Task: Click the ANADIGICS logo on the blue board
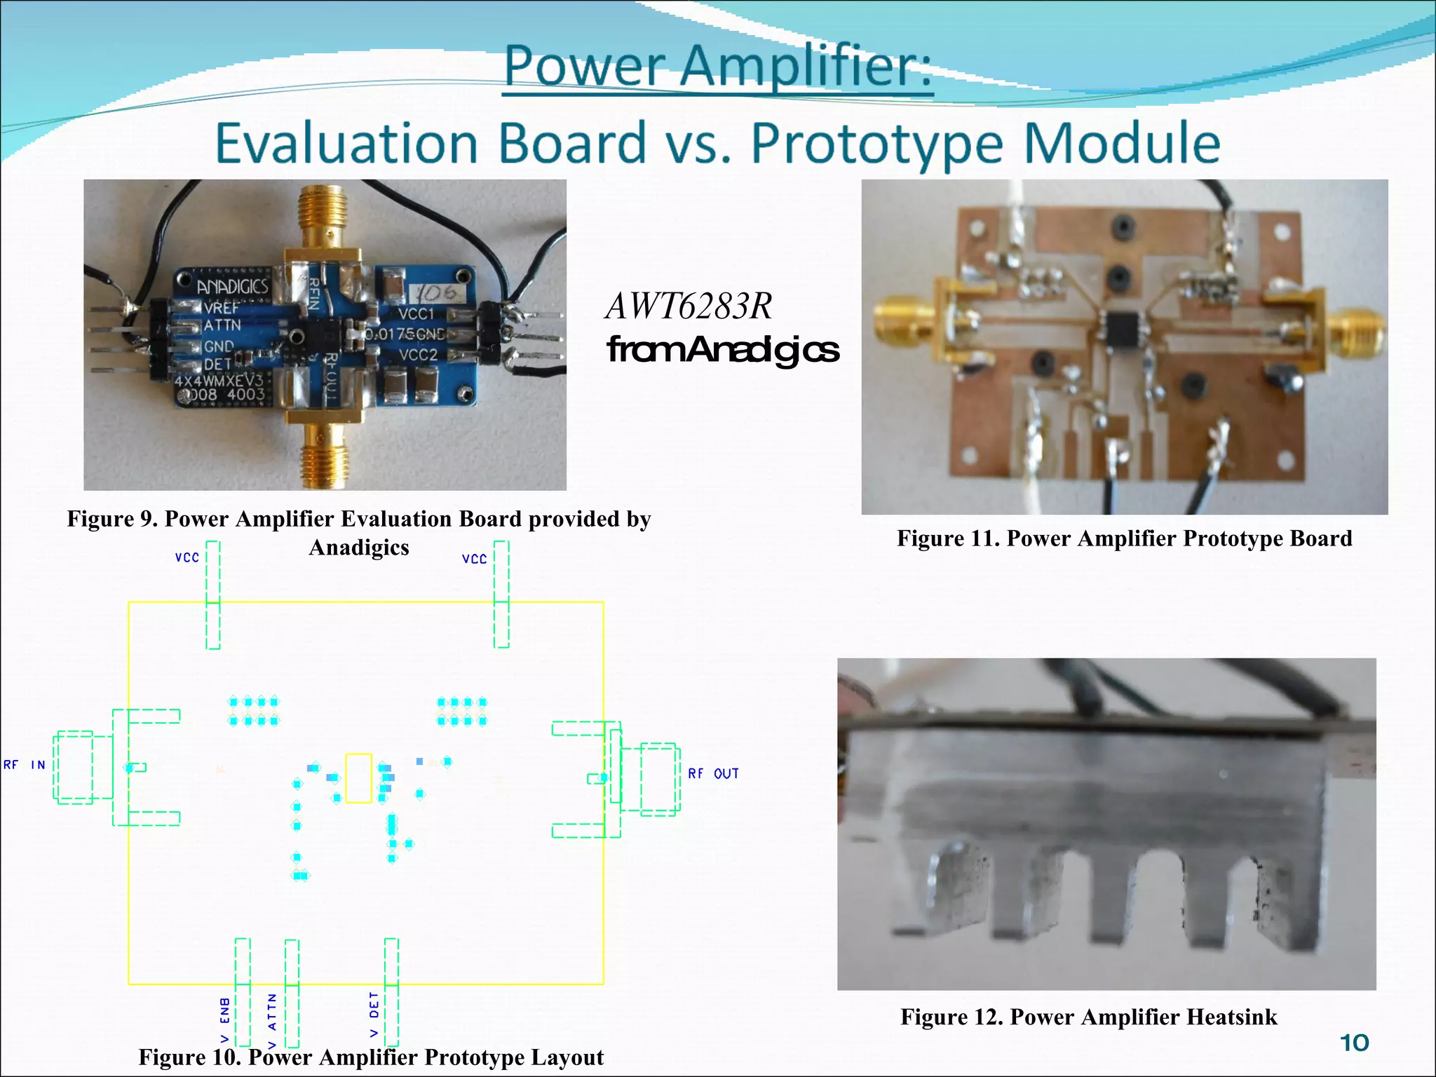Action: [232, 287]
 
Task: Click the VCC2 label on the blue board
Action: [417, 355]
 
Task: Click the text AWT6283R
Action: [689, 306]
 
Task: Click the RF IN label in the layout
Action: [25, 765]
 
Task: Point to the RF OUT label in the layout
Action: [713, 773]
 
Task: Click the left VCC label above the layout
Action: [187, 557]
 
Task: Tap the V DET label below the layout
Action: [374, 1014]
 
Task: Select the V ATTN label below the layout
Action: [272, 1020]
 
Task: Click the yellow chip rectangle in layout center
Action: [358, 778]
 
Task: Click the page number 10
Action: [1354, 1043]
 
